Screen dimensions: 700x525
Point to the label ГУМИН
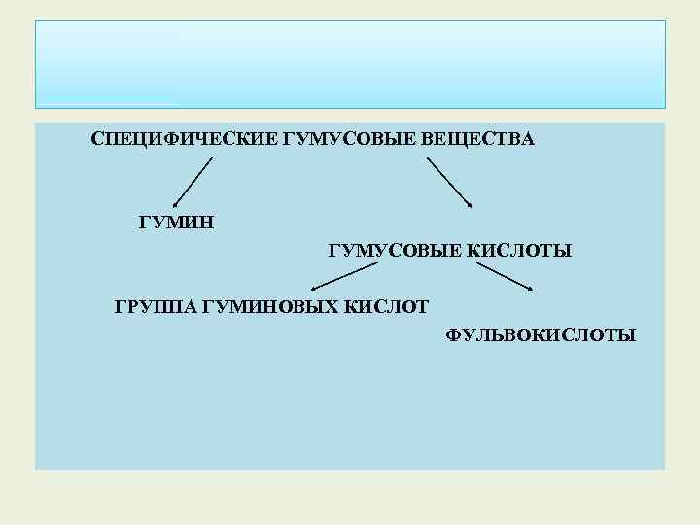pos(176,223)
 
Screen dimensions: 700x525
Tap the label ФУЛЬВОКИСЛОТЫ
pos(542,336)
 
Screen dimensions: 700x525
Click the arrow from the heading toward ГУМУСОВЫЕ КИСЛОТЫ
pos(448,182)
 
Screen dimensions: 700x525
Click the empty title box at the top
pos(350,64)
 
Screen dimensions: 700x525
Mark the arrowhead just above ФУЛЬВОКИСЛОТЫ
pos(529,288)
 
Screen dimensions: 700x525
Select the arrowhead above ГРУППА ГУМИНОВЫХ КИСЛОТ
pos(313,290)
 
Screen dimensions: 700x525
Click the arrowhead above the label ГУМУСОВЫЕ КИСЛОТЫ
pos(470,204)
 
